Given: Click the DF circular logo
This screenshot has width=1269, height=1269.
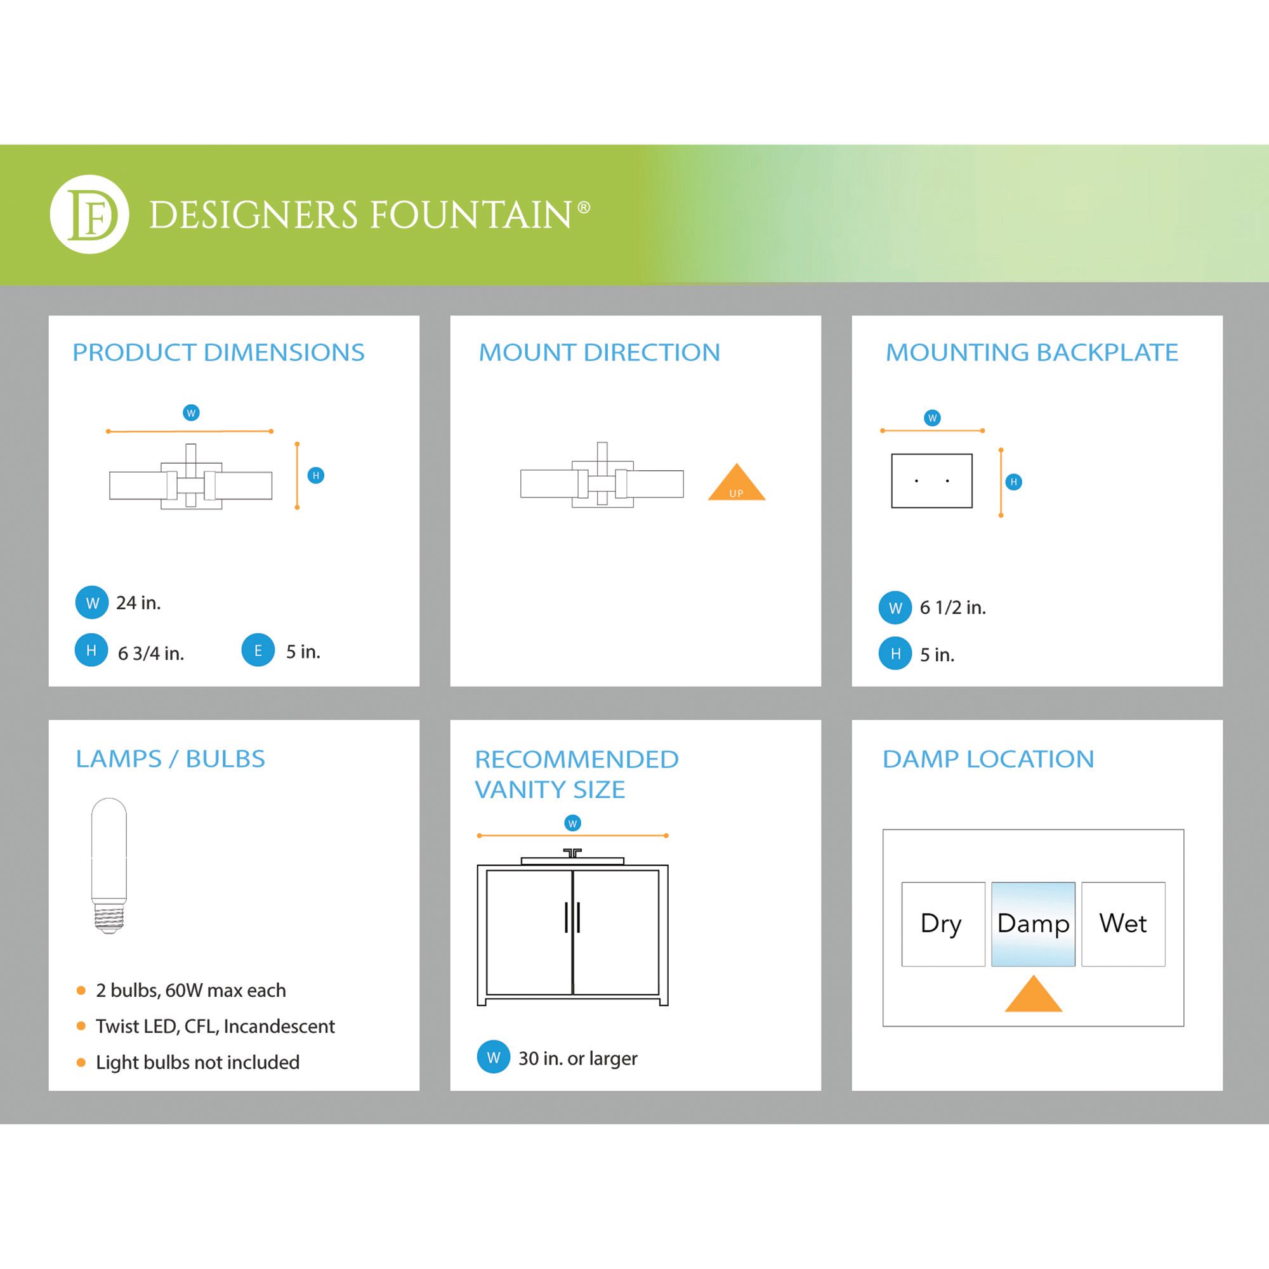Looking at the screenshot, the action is point(89,214).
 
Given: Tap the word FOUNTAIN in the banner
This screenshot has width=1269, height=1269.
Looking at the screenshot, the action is point(471,216).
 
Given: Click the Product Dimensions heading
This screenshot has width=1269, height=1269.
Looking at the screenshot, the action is point(218,353).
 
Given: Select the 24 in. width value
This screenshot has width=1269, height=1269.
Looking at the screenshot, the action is point(138,603).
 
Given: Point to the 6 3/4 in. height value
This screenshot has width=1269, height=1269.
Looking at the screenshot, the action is point(151,654).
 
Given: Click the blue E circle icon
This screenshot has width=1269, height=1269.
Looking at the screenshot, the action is point(258,650).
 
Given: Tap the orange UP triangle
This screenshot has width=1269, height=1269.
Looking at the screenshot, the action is point(736,482).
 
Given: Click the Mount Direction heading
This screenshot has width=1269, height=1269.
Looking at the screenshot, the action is point(599,353).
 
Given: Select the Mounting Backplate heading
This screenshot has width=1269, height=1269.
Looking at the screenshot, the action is point(1032,353).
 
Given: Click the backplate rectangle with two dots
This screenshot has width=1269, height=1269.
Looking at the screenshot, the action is point(931,481).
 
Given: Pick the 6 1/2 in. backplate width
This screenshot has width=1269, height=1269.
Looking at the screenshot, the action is point(952,608).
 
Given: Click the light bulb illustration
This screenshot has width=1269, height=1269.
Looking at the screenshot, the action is point(109,865).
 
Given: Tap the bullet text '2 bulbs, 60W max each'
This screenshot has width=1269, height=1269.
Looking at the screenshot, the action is point(191,990).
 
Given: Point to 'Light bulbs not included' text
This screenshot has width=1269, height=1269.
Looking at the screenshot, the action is point(198,1062).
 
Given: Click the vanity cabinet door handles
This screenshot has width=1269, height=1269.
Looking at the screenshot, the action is point(572,917).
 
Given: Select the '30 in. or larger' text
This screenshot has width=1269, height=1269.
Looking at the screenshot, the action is point(578,1058).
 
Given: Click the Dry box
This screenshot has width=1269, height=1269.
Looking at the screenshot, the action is point(944,924).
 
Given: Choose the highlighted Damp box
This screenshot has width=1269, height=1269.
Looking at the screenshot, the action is point(1033,924).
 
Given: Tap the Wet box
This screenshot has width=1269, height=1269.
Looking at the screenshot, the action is point(1123,924).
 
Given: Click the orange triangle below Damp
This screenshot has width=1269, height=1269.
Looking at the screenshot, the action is point(1033,993).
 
